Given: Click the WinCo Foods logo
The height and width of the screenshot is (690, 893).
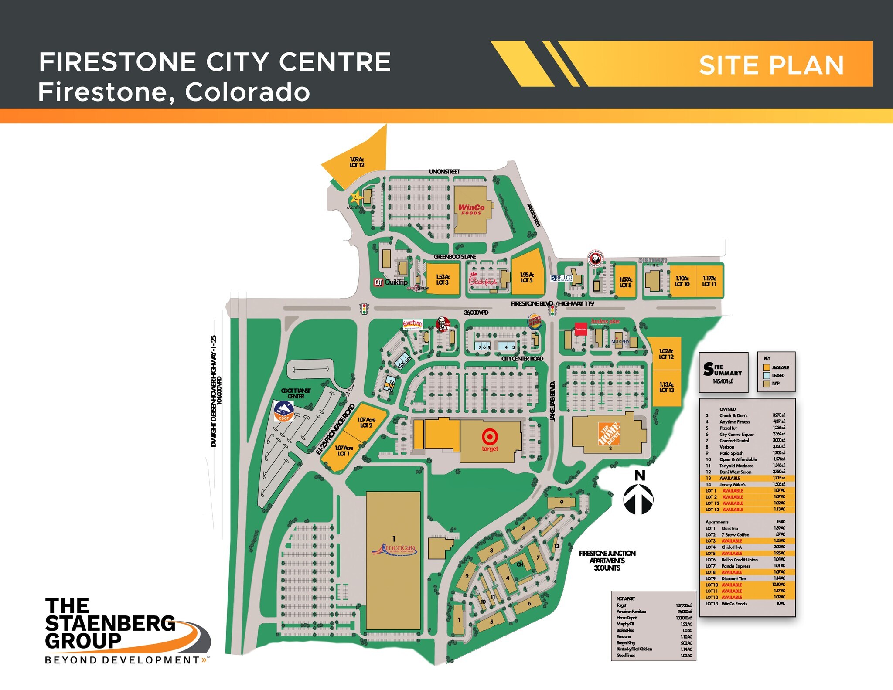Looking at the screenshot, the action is [471, 209].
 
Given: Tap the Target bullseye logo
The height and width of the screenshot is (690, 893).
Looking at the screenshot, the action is [490, 436].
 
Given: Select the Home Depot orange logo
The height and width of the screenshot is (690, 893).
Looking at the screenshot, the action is [609, 433].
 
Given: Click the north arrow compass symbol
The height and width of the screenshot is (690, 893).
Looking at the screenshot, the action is [639, 499].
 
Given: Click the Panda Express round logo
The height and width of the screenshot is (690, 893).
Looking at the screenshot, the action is [596, 259].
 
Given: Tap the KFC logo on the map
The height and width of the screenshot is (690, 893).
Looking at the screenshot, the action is [443, 324].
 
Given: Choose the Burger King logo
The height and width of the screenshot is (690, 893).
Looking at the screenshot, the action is [535, 322].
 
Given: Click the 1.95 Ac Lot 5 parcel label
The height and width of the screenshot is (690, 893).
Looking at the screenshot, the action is [527, 278].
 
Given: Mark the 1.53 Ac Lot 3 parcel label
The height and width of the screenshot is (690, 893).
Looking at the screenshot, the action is [443, 279].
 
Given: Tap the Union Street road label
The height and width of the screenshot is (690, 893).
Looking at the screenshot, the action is [444, 172].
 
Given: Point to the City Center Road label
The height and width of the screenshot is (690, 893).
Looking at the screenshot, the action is [522, 359].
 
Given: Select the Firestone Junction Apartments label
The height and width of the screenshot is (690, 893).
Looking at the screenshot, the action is [607, 560].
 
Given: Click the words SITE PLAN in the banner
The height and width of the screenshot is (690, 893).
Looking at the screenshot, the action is [771, 65].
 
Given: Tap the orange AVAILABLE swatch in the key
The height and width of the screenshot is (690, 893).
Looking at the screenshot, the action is [767, 367].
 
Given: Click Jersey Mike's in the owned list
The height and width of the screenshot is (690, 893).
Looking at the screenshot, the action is [733, 484].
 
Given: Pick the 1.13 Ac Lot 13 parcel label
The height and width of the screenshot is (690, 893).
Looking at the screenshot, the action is [666, 387].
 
